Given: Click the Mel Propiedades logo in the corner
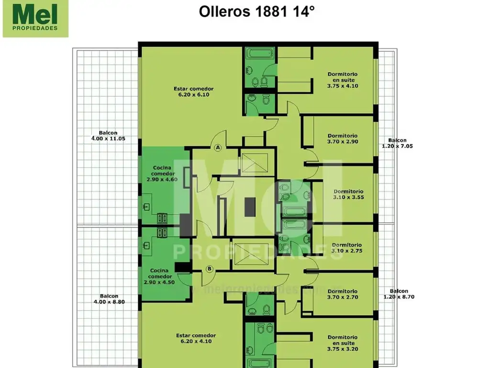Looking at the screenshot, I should coord(35,19).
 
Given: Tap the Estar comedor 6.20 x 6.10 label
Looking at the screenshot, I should coord(194,92).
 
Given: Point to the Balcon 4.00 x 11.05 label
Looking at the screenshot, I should coord(108,136).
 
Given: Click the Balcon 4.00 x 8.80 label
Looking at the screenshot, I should coord(109,299).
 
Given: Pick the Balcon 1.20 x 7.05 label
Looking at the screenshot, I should coord(397,143).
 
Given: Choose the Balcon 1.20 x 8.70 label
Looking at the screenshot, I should coord(399,294).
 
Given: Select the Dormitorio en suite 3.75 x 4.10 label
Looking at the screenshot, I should coord(342,80).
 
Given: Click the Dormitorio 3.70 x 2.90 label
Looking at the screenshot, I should coord(342,138).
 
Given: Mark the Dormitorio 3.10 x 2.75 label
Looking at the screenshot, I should coord(348,247).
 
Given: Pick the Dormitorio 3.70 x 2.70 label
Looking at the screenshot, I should coord(342,294).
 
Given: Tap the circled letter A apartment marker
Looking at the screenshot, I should coord(218,148).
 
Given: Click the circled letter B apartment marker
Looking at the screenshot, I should coord(209,269).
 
